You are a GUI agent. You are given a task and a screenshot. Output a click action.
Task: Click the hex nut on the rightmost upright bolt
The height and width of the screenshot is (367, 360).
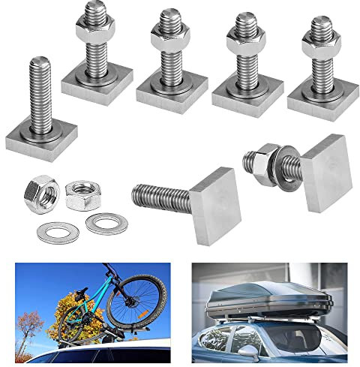(321, 43)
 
